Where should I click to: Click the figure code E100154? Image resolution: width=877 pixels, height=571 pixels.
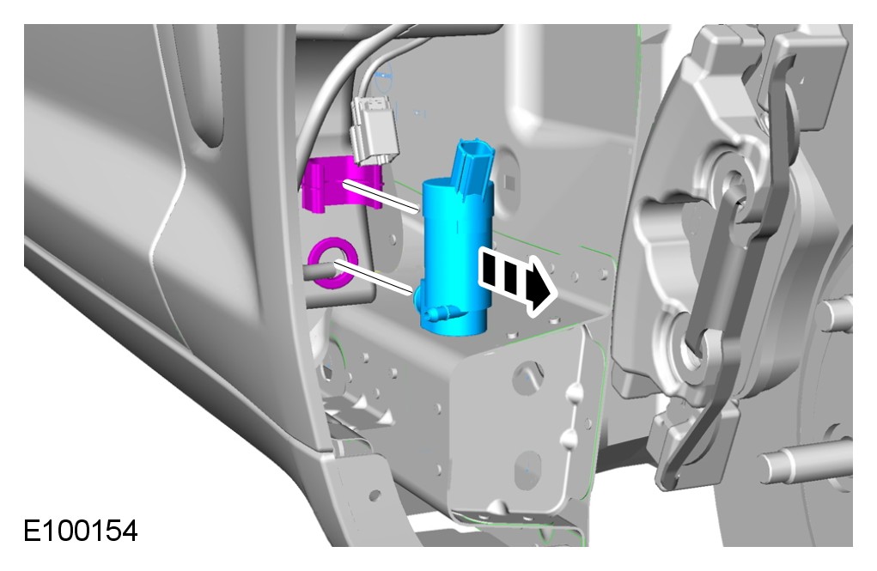(81, 530)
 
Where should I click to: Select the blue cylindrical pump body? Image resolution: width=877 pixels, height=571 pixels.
(458, 258)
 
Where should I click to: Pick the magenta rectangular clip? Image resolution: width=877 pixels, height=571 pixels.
(341, 184)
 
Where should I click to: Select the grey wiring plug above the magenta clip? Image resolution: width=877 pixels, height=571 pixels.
(374, 130)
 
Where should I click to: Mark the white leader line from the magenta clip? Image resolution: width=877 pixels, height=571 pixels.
(381, 197)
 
